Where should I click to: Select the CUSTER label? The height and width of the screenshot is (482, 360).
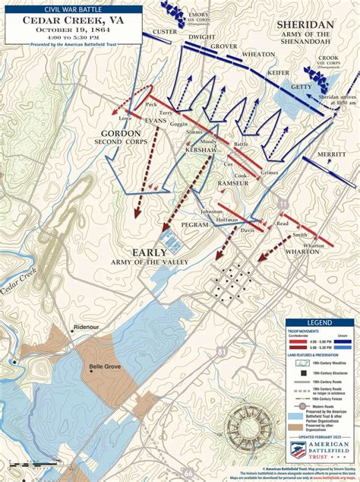(165, 31)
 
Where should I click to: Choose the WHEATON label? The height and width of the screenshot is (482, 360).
(258, 55)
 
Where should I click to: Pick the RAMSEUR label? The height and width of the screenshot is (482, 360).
(232, 183)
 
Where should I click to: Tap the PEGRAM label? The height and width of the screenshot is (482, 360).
(195, 226)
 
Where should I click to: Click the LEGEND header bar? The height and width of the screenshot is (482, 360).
(319, 323)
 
